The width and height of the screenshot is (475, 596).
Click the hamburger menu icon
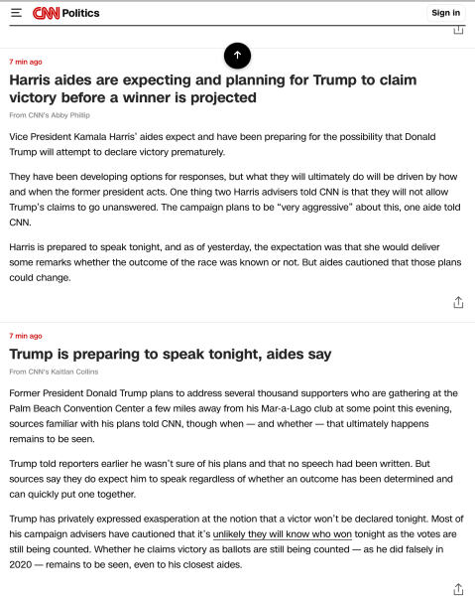tap(16, 13)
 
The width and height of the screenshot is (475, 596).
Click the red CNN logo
tap(46, 13)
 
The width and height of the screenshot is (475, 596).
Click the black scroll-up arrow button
tap(237, 55)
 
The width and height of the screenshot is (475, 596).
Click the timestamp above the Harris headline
tap(26, 62)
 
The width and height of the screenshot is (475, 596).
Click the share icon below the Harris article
tap(458, 302)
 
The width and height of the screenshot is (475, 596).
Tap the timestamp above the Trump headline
tap(26, 336)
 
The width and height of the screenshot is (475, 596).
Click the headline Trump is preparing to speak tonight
tap(171, 354)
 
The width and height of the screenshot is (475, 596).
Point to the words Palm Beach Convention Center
tap(72, 408)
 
